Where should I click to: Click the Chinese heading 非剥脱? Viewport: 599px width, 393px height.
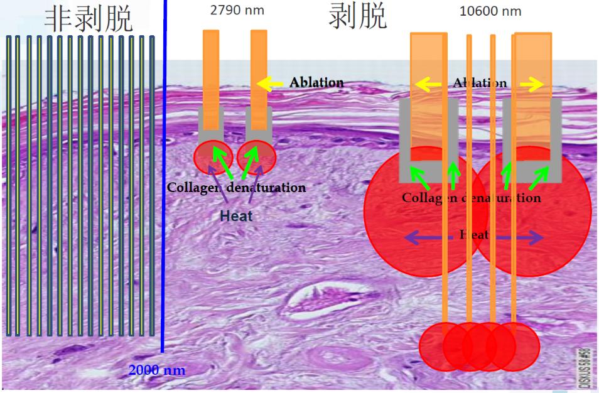(89, 18)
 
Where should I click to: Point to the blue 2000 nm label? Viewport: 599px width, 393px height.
(157, 370)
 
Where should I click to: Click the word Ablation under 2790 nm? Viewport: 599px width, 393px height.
(316, 83)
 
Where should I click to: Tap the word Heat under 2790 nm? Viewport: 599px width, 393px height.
(236, 215)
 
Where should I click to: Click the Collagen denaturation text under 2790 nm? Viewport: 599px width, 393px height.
(236, 188)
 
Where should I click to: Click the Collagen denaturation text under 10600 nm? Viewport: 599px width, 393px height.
(471, 198)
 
